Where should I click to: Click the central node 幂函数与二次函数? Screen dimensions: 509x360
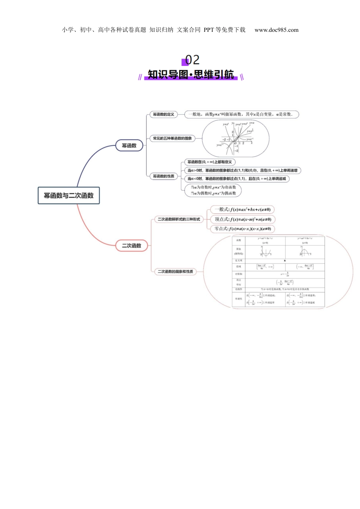69,195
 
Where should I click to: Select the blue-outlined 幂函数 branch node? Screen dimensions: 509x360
129,145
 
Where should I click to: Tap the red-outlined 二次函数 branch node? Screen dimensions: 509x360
131,245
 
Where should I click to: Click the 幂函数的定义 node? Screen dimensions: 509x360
163,114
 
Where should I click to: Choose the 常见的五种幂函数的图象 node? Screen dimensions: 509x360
172,139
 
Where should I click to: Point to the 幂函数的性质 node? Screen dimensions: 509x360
163,176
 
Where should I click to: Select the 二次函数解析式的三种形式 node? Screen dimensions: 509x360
179,219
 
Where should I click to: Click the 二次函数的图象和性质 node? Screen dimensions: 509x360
175,272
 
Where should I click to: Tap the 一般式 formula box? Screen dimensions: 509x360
242,209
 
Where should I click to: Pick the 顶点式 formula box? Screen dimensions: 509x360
243,219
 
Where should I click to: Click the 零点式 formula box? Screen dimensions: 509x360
243,229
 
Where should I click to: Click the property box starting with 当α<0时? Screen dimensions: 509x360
237,178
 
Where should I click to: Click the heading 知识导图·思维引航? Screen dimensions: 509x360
191,74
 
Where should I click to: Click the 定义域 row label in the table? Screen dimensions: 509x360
238,261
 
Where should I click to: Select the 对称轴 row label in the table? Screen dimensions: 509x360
238,274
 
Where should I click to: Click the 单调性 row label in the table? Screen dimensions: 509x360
238,299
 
